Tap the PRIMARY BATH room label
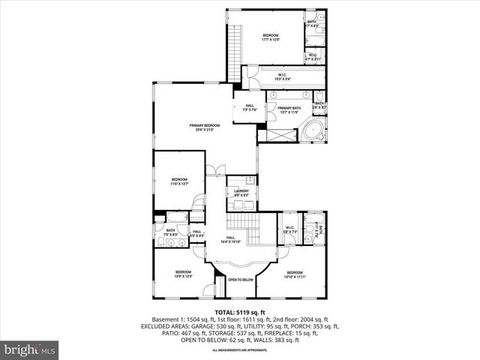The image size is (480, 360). click(289, 109)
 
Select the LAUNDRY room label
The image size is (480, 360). click(241, 193)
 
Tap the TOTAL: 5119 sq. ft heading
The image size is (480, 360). click(240, 312)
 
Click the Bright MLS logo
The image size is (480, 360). click(30, 349)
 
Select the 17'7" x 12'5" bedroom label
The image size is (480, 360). click(270, 37)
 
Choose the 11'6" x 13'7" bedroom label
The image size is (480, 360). click(178, 181)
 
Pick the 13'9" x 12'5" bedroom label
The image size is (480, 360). click(184, 274)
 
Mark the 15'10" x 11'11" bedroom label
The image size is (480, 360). click(294, 274)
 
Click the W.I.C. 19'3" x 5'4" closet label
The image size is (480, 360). click(281, 76)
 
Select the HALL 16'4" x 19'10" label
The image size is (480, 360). click(241, 241)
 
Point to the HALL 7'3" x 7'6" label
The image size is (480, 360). click(250, 107)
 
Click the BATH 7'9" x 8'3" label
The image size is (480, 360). click(170, 232)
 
